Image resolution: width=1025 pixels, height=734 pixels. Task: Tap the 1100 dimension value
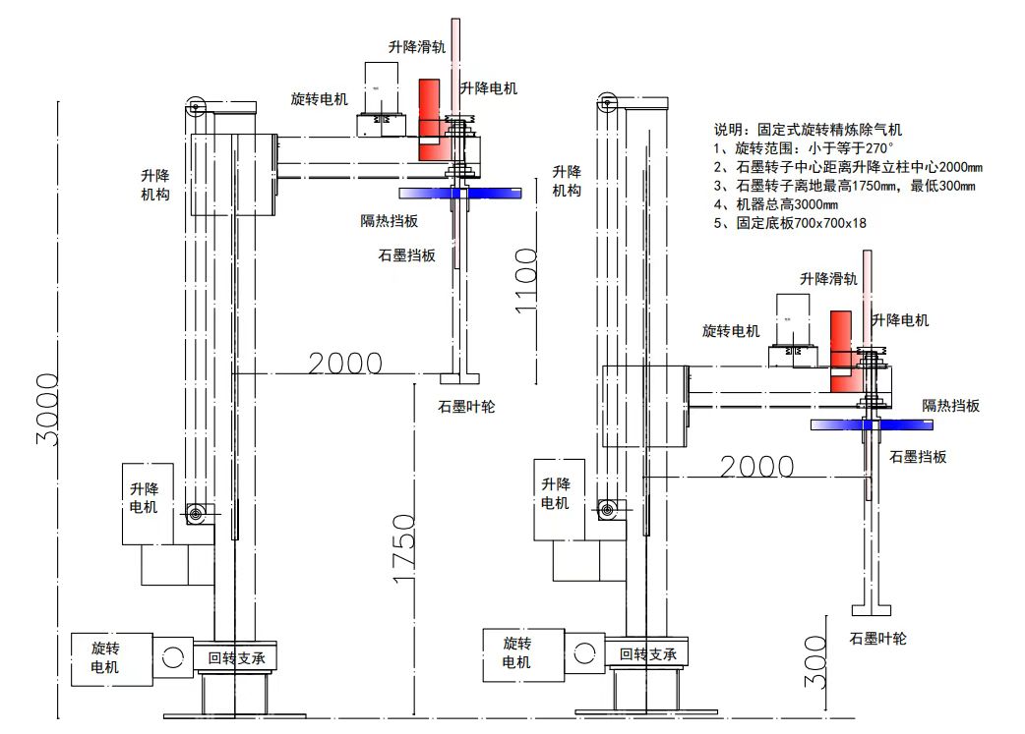525,280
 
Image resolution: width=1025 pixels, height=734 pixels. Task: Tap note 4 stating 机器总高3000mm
776,204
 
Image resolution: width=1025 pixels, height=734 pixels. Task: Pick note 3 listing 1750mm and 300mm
845,186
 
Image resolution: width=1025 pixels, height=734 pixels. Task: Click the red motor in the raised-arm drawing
430,120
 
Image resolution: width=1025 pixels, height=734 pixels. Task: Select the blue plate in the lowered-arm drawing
872,423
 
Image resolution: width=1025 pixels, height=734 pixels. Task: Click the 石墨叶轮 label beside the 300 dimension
877,639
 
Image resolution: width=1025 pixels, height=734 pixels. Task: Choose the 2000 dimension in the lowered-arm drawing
756,466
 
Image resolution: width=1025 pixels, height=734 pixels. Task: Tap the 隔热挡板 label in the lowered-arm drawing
950,406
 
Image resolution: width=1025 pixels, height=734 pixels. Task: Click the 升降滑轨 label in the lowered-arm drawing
828,279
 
